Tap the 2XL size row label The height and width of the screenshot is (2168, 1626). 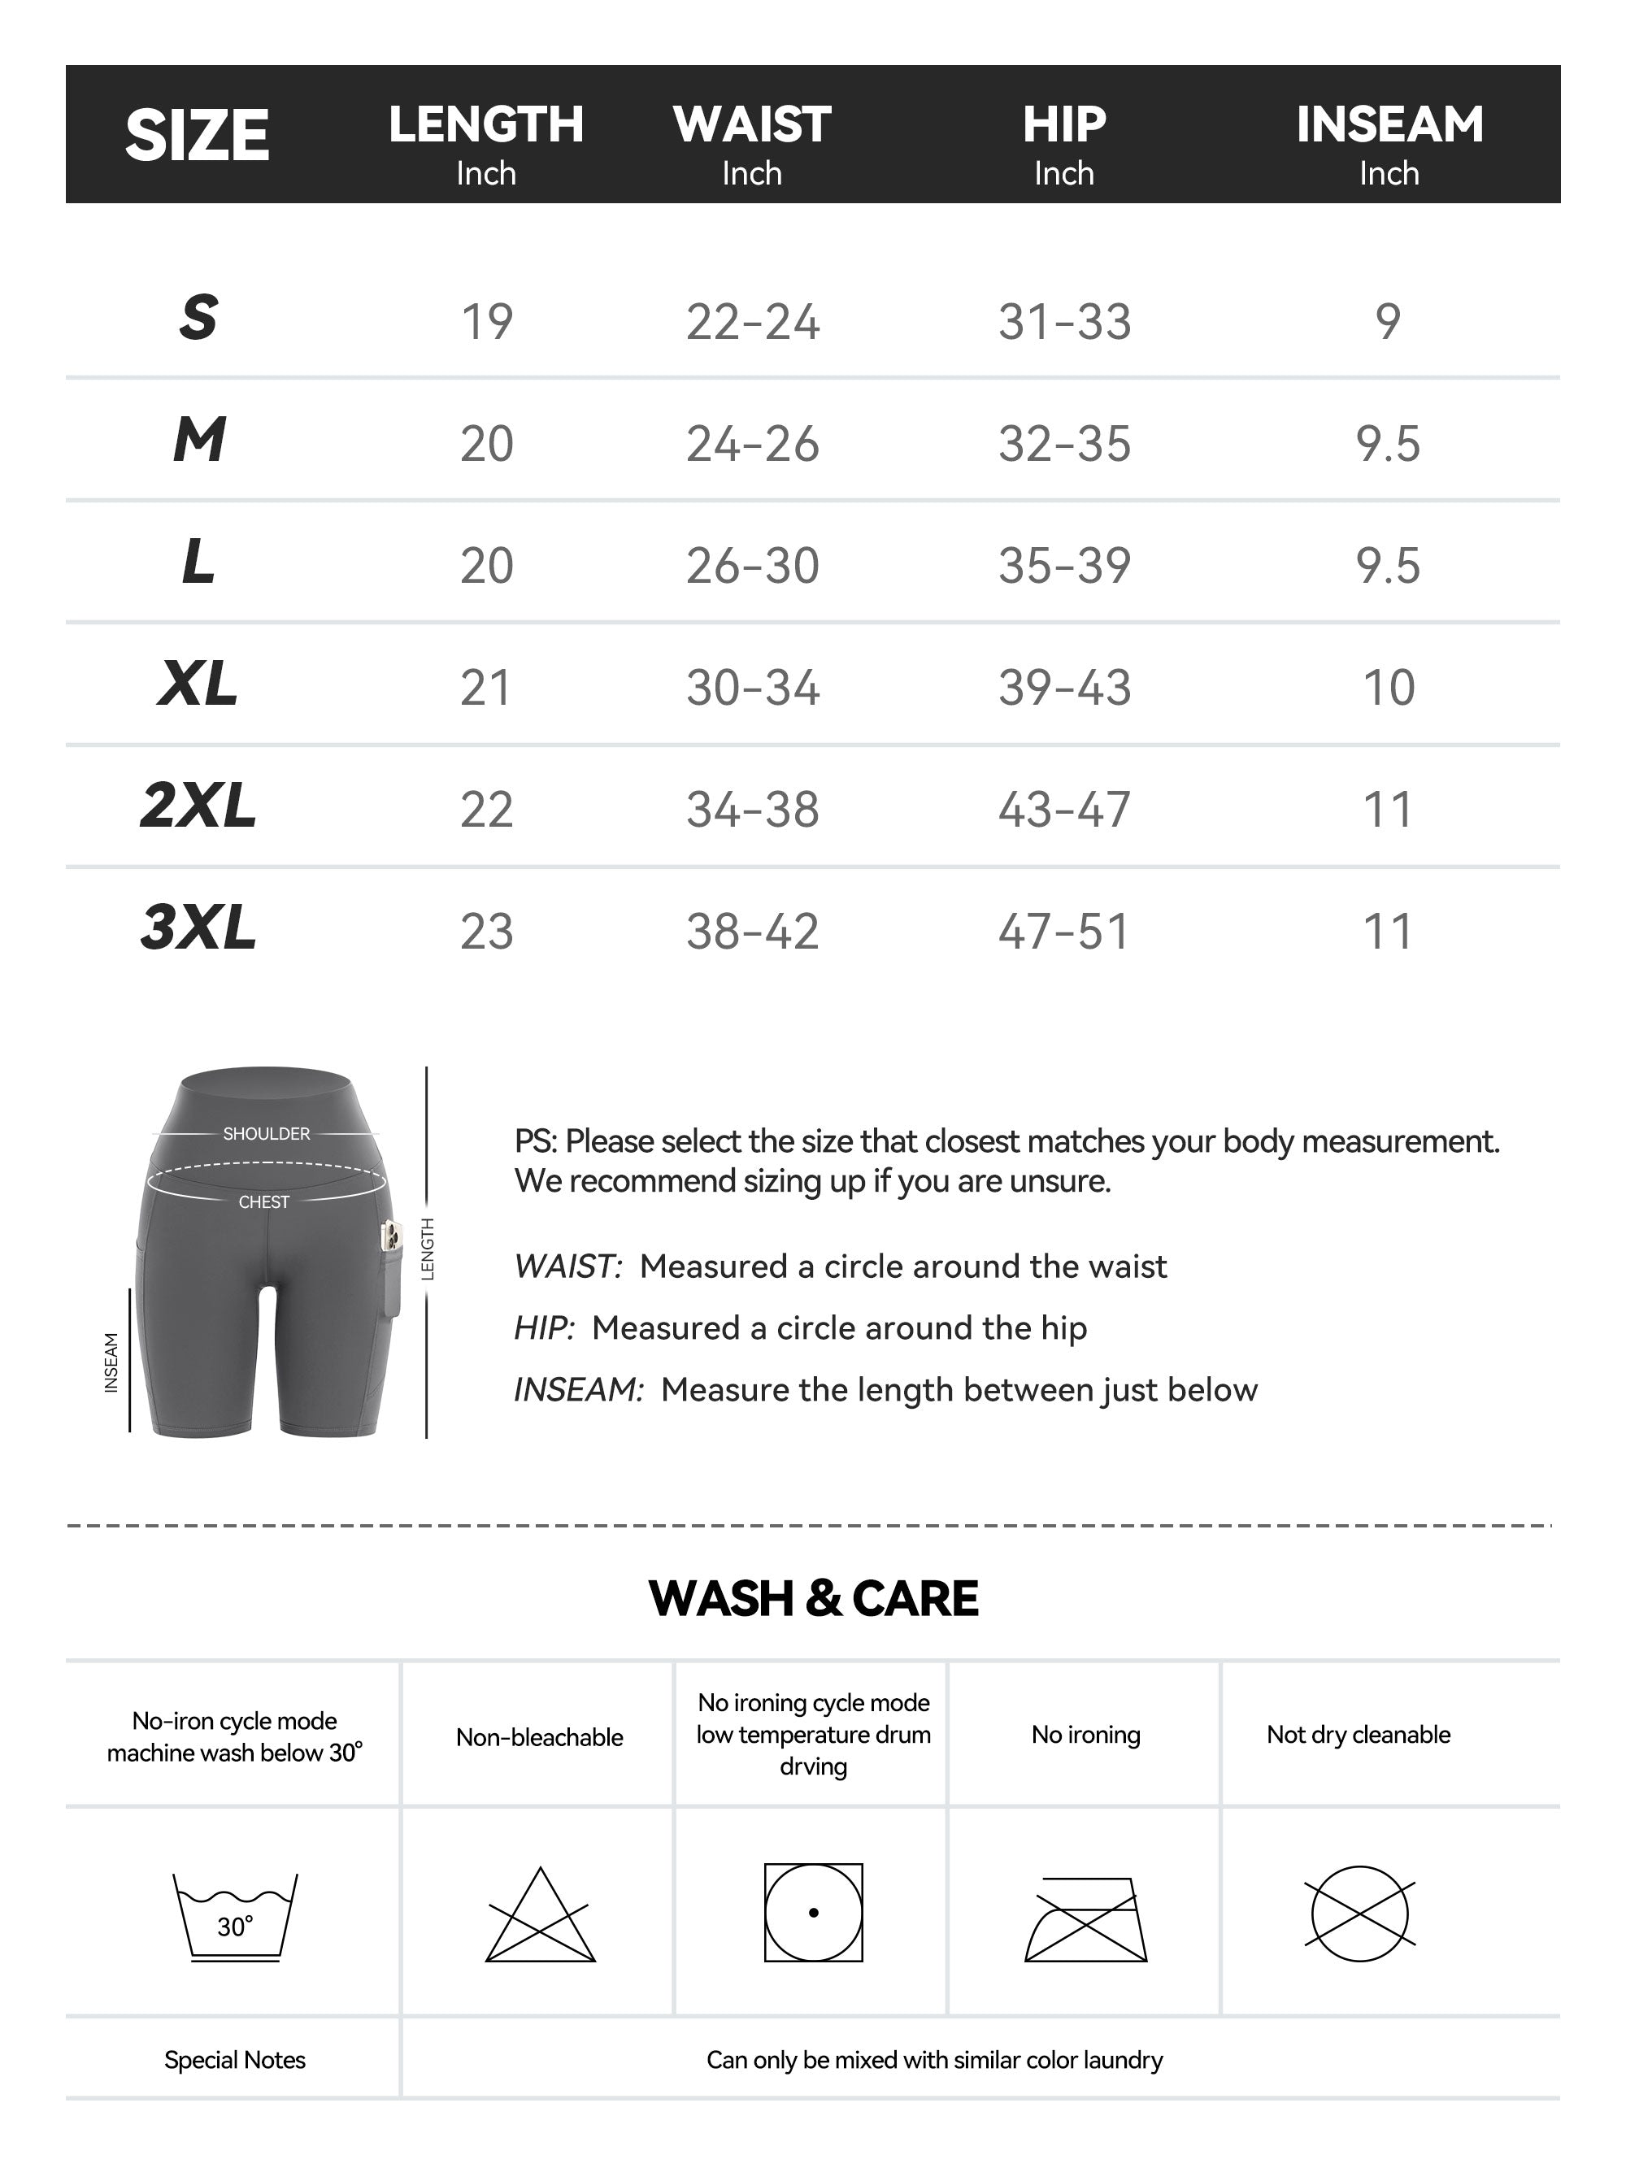(198, 806)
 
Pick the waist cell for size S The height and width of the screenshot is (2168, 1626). (752, 321)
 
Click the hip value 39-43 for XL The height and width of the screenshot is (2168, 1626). (1064, 687)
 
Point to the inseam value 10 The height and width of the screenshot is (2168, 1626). (1389, 687)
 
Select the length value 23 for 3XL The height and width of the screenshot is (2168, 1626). (486, 931)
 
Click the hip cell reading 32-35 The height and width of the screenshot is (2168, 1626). (1064, 444)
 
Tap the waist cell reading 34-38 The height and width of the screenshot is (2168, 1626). (752, 810)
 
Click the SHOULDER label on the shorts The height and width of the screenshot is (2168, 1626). (266, 1134)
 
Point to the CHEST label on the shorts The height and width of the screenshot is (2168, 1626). (263, 1201)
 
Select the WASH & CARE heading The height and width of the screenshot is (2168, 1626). (812, 1598)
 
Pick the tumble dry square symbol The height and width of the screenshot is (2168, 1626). (812, 1912)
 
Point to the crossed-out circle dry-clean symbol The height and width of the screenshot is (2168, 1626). (1359, 1914)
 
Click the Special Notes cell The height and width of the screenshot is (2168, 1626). (234, 2060)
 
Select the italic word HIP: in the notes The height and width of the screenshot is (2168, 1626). (544, 1328)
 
